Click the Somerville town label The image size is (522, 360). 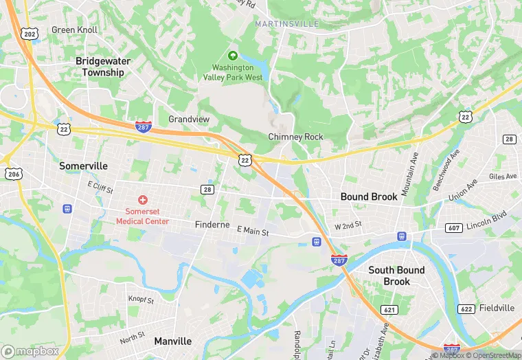(x=83, y=166)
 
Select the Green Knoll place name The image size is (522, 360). (x=75, y=30)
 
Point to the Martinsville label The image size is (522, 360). (x=286, y=24)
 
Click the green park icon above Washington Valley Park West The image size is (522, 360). (x=233, y=56)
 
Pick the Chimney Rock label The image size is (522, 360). (x=295, y=137)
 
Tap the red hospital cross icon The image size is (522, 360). (x=143, y=200)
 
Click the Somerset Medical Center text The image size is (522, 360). (x=142, y=216)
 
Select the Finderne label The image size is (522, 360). (x=214, y=225)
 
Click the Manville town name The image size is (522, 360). (x=173, y=341)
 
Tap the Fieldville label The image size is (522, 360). (x=497, y=308)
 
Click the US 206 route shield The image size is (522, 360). (x=12, y=175)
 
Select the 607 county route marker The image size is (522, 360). (x=454, y=227)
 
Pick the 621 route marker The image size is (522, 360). (x=390, y=310)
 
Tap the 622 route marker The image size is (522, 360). (x=466, y=309)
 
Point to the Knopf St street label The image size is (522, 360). (x=141, y=300)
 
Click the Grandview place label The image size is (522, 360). (x=189, y=120)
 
